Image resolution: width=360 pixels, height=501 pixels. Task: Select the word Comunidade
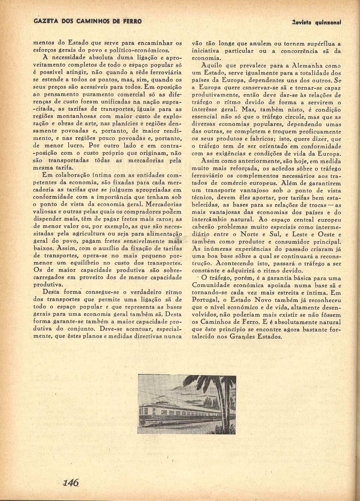tap(213, 285)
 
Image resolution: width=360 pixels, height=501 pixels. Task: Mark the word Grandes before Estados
tap(242, 337)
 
